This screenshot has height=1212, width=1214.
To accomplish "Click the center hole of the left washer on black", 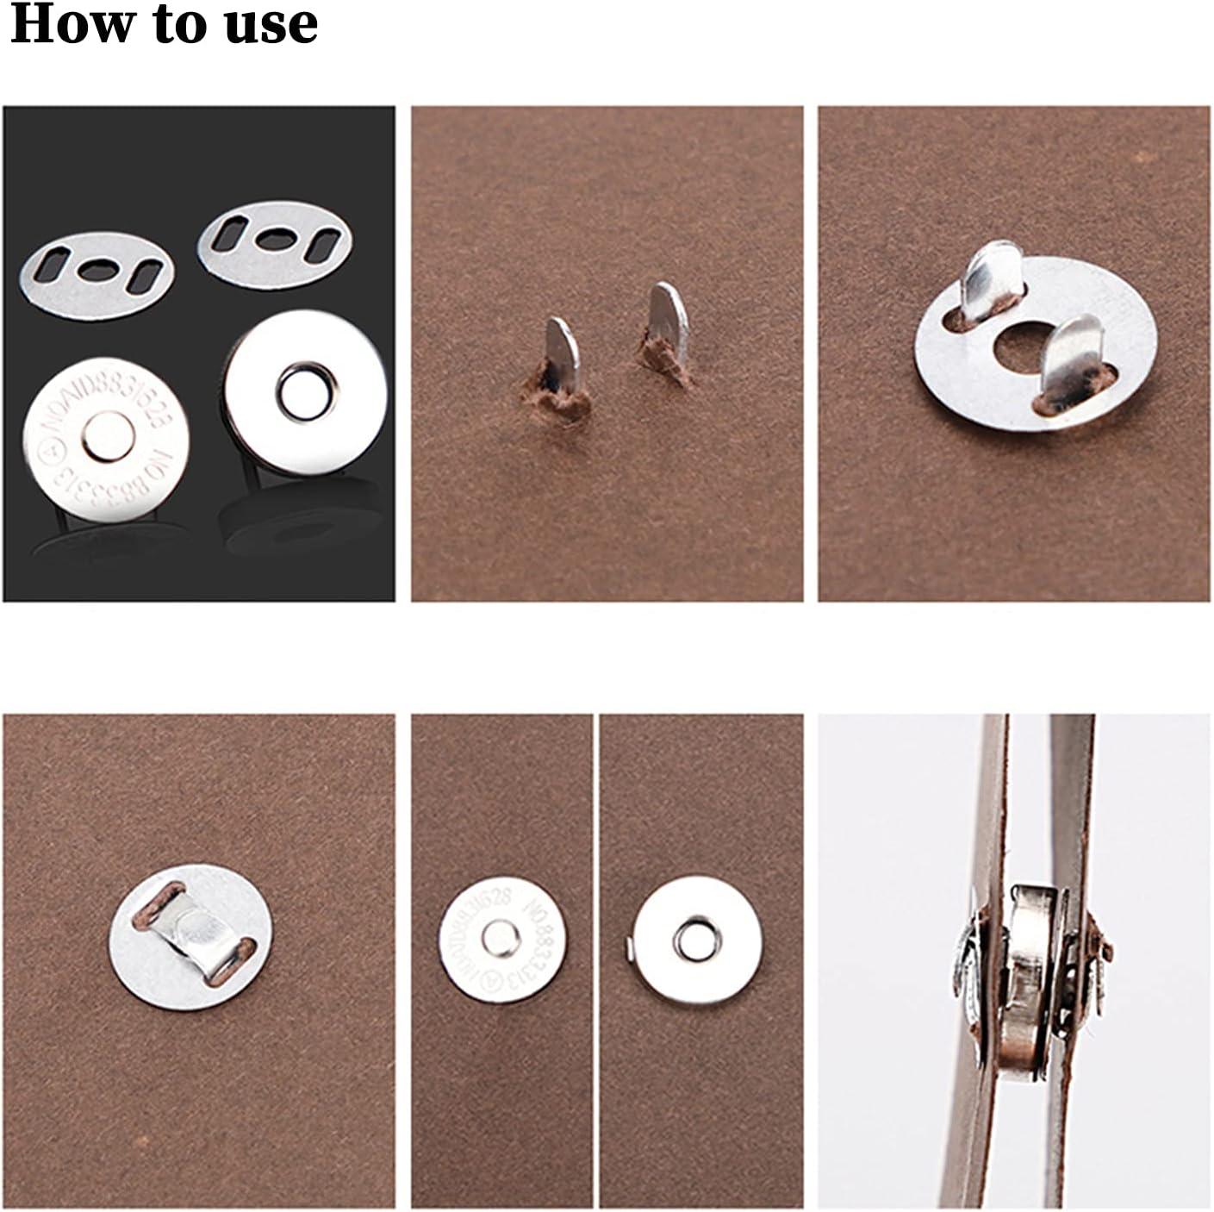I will pos(95,269).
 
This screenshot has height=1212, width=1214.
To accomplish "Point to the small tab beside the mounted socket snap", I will pos(627,949).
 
